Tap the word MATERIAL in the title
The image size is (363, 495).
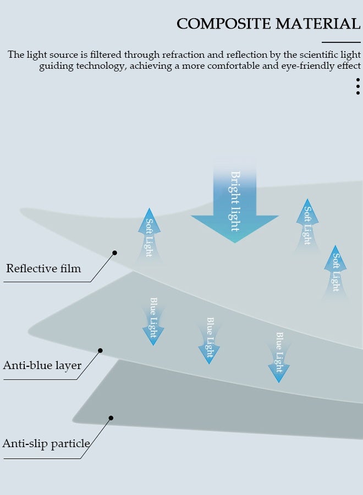point(317,24)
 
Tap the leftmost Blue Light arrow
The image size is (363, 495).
point(153,322)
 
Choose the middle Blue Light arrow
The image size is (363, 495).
point(209,340)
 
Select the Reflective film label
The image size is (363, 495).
point(43,269)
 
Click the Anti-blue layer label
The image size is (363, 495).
point(42,366)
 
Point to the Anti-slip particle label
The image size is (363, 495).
point(46,444)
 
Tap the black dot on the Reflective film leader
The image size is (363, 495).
point(115,253)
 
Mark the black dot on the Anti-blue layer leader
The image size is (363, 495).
point(100,350)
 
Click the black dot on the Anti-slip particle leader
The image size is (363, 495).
point(111,418)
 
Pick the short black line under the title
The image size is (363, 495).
point(341,42)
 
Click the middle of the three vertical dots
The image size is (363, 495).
point(358,86)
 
